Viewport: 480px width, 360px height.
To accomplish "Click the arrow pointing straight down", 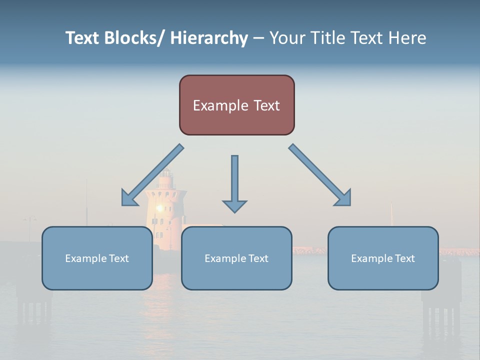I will point(234,182).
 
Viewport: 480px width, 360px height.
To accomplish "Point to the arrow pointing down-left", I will point(152,175).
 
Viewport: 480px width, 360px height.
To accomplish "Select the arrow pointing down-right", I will point(320,175).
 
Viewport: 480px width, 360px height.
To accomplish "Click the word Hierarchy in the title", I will point(209,38).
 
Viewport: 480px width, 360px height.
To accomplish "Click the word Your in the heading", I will point(286,38).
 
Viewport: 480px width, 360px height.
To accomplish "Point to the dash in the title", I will point(258,38).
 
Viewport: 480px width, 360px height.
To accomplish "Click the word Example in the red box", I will point(218,105).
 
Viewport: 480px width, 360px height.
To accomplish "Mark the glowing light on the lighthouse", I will point(160,207).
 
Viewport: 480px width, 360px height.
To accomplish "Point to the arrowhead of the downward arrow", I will point(234,206).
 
